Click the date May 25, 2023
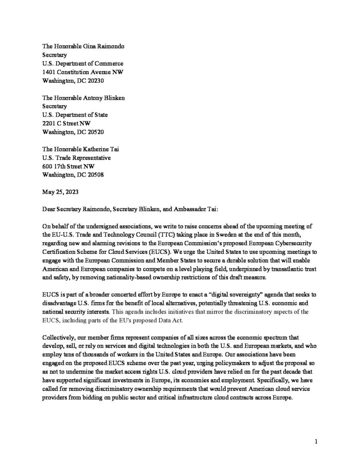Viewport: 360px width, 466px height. point(60,192)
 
